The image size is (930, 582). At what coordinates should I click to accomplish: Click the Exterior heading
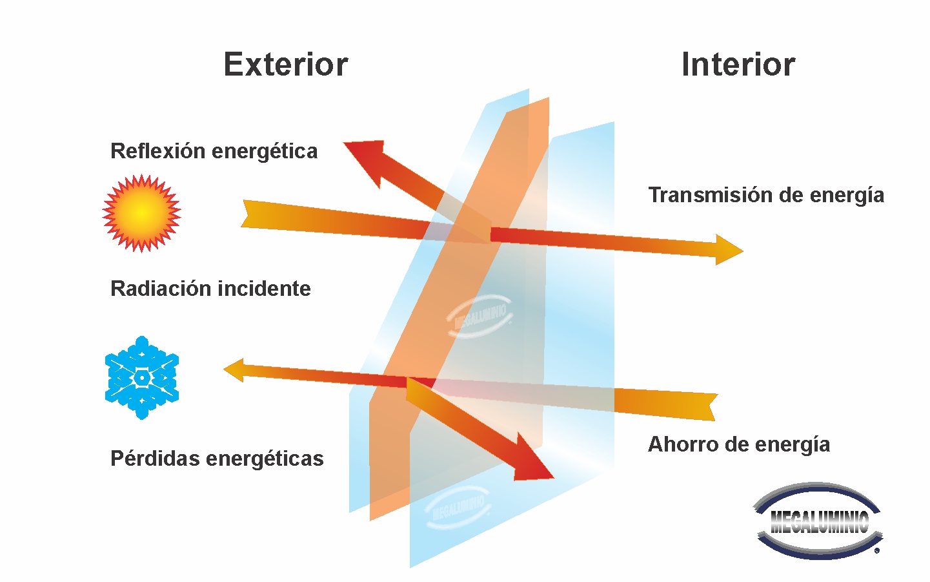tap(285, 65)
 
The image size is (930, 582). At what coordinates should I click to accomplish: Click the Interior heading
tap(738, 65)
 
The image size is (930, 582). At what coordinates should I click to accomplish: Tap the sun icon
tap(141, 213)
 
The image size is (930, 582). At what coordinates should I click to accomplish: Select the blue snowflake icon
tap(142, 377)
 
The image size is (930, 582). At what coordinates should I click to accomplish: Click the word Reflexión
tap(157, 151)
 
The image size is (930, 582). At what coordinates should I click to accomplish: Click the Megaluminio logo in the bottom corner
tap(818, 521)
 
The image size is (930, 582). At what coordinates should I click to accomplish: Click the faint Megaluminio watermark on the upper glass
tap(480, 315)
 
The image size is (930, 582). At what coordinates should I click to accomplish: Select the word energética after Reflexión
tap(265, 151)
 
